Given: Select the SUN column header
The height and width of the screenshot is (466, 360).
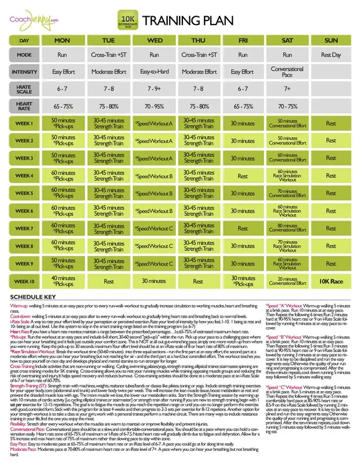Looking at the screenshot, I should point(331,41).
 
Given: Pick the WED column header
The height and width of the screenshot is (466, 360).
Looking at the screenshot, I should point(154,41).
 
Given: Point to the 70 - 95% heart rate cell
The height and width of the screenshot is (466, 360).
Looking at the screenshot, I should point(154,106).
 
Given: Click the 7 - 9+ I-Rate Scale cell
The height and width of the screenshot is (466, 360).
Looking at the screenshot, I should point(154,89).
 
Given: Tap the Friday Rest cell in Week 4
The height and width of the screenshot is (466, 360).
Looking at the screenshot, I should point(243,175).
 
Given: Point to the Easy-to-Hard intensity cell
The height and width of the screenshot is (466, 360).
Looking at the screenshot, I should point(154,71).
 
